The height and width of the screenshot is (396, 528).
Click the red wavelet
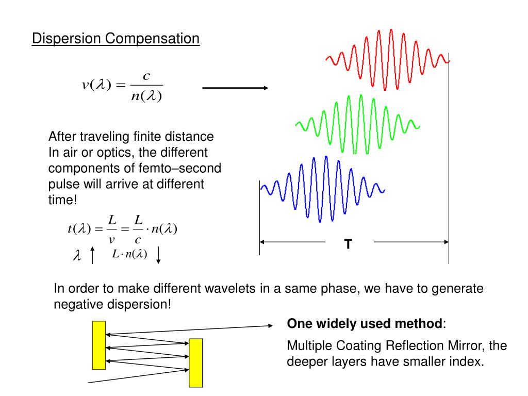tap(388, 59)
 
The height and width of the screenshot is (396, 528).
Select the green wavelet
tap(357, 124)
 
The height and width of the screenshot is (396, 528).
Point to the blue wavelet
tap(323, 189)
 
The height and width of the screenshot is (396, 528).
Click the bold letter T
tap(349, 244)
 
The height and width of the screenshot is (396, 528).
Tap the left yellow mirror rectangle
tap(99, 345)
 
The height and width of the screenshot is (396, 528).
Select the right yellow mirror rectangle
tap(196, 362)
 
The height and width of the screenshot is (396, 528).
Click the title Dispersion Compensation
tap(115, 39)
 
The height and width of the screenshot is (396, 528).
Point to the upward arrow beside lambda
tap(92, 255)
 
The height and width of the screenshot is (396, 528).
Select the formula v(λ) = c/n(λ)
tap(122, 86)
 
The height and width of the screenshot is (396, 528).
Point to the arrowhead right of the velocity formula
tap(265, 88)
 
